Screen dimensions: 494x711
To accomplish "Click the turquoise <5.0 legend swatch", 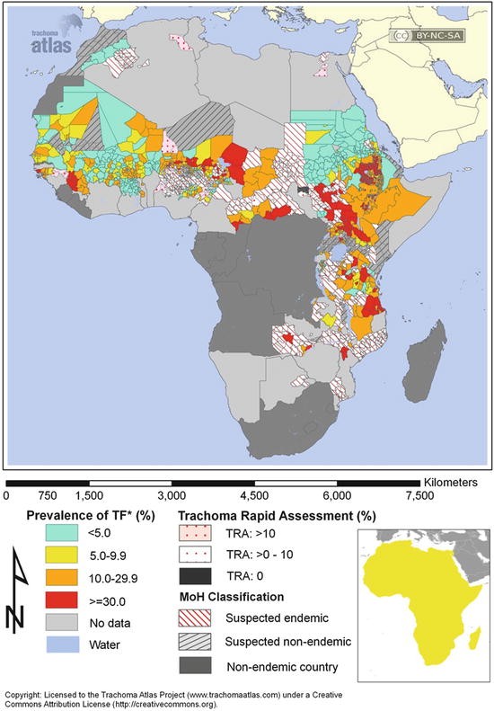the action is (62, 532).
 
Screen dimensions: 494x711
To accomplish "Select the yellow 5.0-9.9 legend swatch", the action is (62, 555).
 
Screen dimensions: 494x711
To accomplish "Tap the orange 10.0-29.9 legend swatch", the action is (62, 578).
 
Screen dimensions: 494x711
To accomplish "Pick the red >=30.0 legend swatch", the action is (62, 600).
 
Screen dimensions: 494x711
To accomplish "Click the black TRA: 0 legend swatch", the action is (195, 576).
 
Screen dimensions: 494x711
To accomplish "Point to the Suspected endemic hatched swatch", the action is (195, 618).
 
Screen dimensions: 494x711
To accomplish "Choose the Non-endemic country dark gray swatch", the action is (195, 666).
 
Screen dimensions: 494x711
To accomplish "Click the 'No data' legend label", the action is (110, 623).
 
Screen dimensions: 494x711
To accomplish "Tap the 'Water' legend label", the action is (105, 644).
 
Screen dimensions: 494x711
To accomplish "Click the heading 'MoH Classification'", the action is (232, 597).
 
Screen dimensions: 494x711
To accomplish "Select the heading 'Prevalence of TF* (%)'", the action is (91, 516).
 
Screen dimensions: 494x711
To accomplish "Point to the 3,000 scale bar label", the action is (172, 495).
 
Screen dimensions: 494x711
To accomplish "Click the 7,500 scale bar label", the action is (420, 495).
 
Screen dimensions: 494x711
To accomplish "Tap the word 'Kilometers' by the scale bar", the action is (451, 482).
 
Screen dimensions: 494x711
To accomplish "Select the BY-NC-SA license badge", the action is (427, 35).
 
